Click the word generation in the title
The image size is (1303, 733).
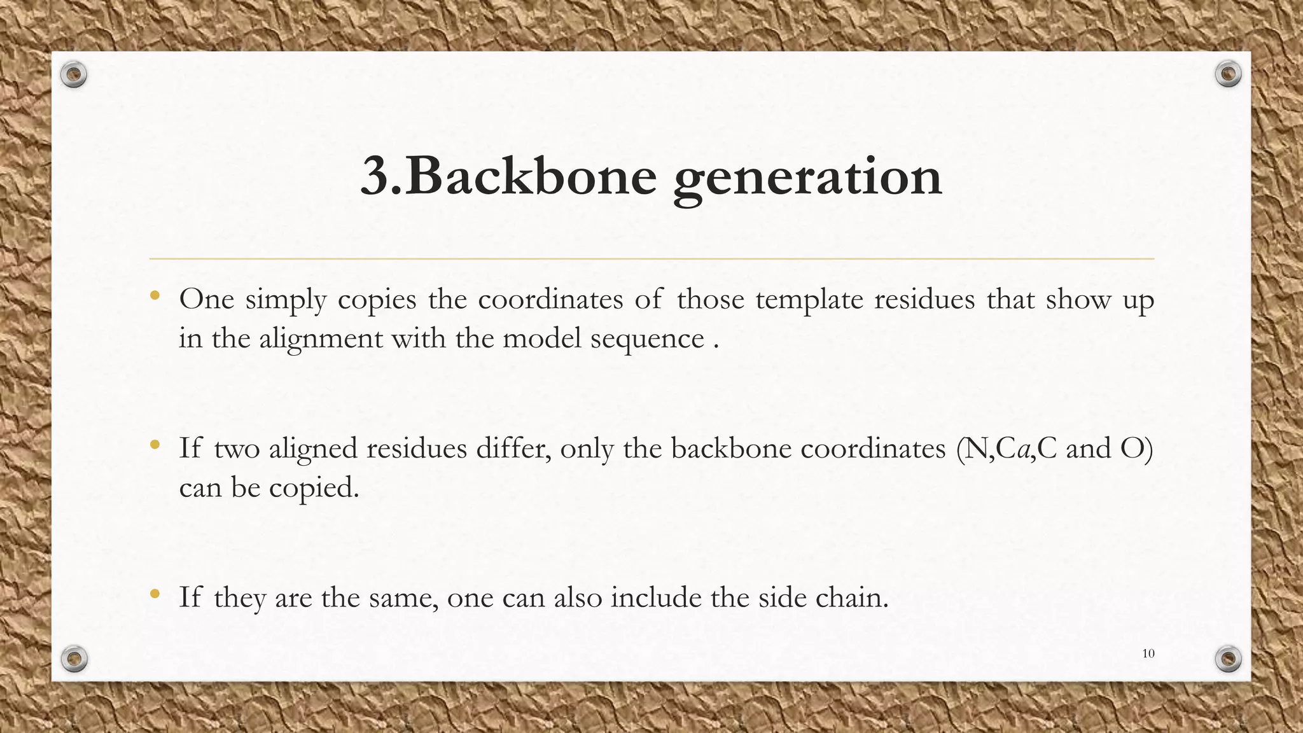point(807,179)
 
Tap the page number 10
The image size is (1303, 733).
point(1148,653)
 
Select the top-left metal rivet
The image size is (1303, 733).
point(74,75)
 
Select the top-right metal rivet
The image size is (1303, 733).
point(1228,74)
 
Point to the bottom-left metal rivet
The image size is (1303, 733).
point(74,659)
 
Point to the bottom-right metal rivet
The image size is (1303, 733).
point(1229,659)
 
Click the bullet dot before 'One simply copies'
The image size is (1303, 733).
point(155,295)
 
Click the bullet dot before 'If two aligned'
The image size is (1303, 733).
point(155,445)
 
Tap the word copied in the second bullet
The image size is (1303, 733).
point(314,489)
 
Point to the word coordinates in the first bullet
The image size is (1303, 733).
point(550,299)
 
